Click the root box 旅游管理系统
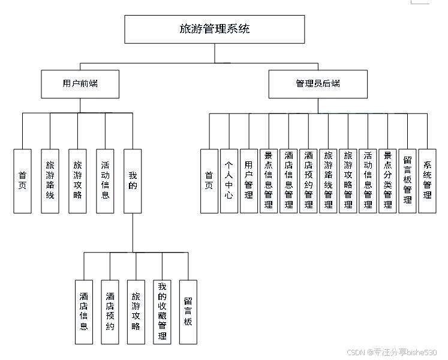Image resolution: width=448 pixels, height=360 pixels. click(x=215, y=29)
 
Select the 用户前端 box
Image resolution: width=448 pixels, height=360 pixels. click(x=80, y=84)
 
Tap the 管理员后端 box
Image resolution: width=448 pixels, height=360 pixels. click(x=317, y=84)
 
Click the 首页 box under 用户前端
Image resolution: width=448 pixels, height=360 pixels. click(x=22, y=181)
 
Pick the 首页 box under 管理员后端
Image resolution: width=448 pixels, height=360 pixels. click(x=209, y=181)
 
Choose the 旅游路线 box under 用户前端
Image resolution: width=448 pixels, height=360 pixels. click(x=50, y=181)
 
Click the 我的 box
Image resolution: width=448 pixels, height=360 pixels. click(x=133, y=181)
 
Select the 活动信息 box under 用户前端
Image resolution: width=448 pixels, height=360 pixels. click(x=105, y=181)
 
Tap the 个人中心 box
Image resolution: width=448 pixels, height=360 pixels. click(x=228, y=181)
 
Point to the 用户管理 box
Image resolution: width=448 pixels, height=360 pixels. click(x=248, y=181)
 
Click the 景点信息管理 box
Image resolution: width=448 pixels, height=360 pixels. click(x=269, y=181)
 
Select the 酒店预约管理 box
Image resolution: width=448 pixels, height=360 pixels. click(x=308, y=181)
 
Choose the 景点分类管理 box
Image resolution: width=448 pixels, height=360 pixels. click(x=387, y=181)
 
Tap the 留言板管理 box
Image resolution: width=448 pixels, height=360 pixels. click(x=407, y=181)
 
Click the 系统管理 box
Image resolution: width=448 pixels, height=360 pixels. click(x=427, y=181)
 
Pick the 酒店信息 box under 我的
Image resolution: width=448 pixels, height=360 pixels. click(x=84, y=311)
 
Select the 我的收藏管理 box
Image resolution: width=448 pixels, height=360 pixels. click(x=162, y=311)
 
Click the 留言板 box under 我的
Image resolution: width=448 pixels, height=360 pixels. click(x=188, y=311)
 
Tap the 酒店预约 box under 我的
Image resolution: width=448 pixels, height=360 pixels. click(x=110, y=311)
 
